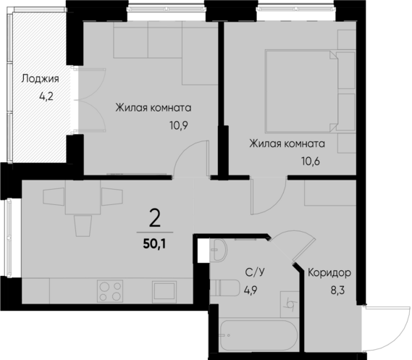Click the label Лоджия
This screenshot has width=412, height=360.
tap(40, 80)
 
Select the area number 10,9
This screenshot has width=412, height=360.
tap(179, 123)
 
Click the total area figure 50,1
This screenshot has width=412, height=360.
tap(154, 243)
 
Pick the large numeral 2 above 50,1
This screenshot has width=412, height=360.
tap(154, 218)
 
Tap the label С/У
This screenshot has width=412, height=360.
tap(253, 272)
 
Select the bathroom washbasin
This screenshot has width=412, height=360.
tap(218, 254)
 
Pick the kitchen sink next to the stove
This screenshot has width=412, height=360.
tap(161, 290)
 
